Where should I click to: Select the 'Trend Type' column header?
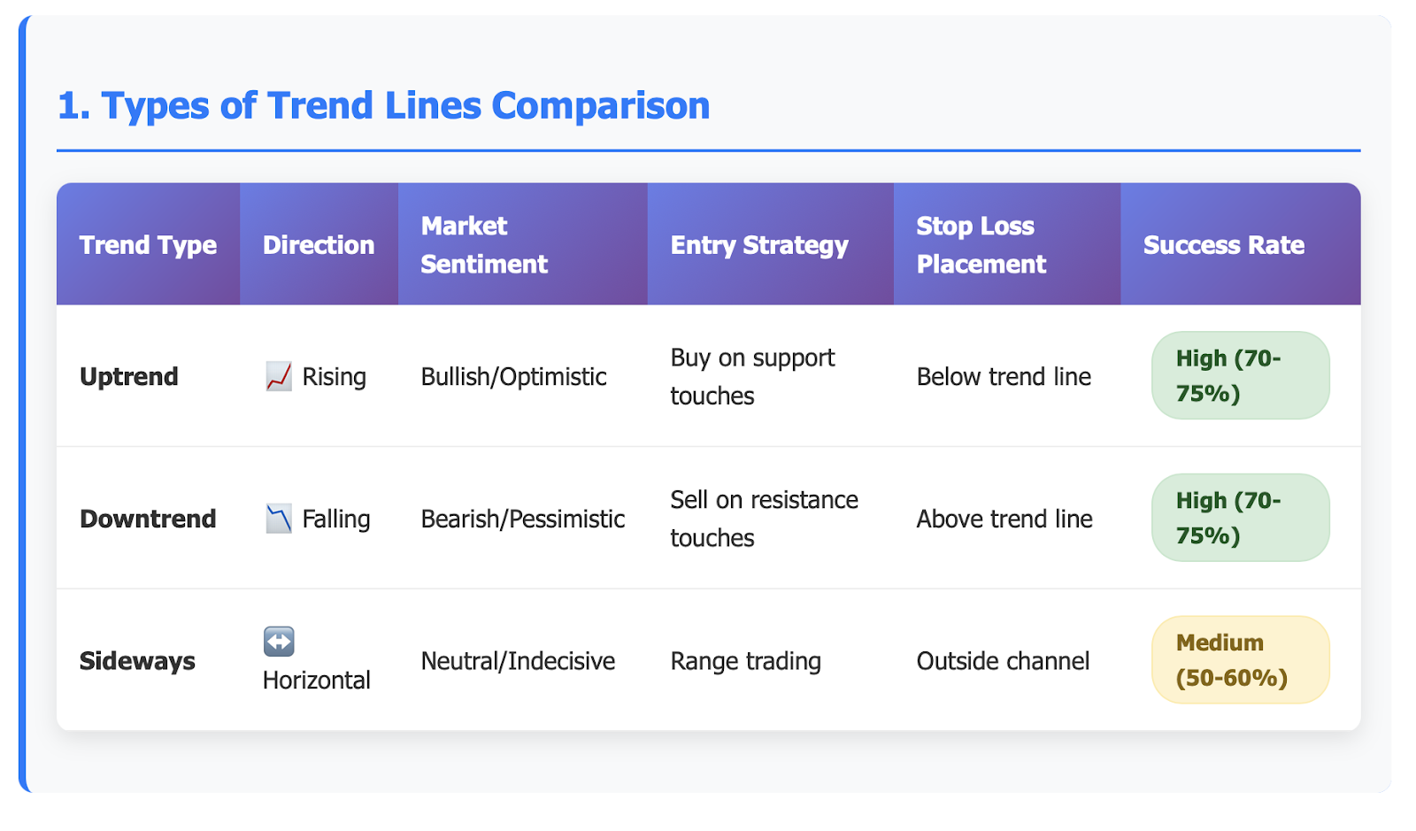tap(148, 245)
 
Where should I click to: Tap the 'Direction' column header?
tap(319, 245)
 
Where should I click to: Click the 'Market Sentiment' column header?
tap(483, 245)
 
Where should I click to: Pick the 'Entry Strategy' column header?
tap(759, 245)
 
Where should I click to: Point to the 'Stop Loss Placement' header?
tap(981, 245)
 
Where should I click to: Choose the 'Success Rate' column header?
tap(1224, 245)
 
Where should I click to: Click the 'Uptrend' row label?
tap(129, 377)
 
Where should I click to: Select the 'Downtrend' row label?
tap(148, 519)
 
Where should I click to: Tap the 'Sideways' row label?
tap(137, 661)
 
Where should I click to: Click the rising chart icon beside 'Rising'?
tap(279, 377)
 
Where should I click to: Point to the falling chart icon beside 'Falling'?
tap(279, 519)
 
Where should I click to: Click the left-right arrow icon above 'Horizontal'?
tap(279, 642)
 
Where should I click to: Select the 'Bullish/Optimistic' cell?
tap(513, 377)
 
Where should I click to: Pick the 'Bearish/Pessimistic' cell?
tap(523, 519)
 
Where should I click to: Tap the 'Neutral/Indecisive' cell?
tap(518, 661)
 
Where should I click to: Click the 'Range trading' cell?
tap(746, 661)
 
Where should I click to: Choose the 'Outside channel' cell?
tap(1004, 661)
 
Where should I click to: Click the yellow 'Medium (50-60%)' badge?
tap(1240, 659)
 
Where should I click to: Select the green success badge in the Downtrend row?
tap(1240, 518)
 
